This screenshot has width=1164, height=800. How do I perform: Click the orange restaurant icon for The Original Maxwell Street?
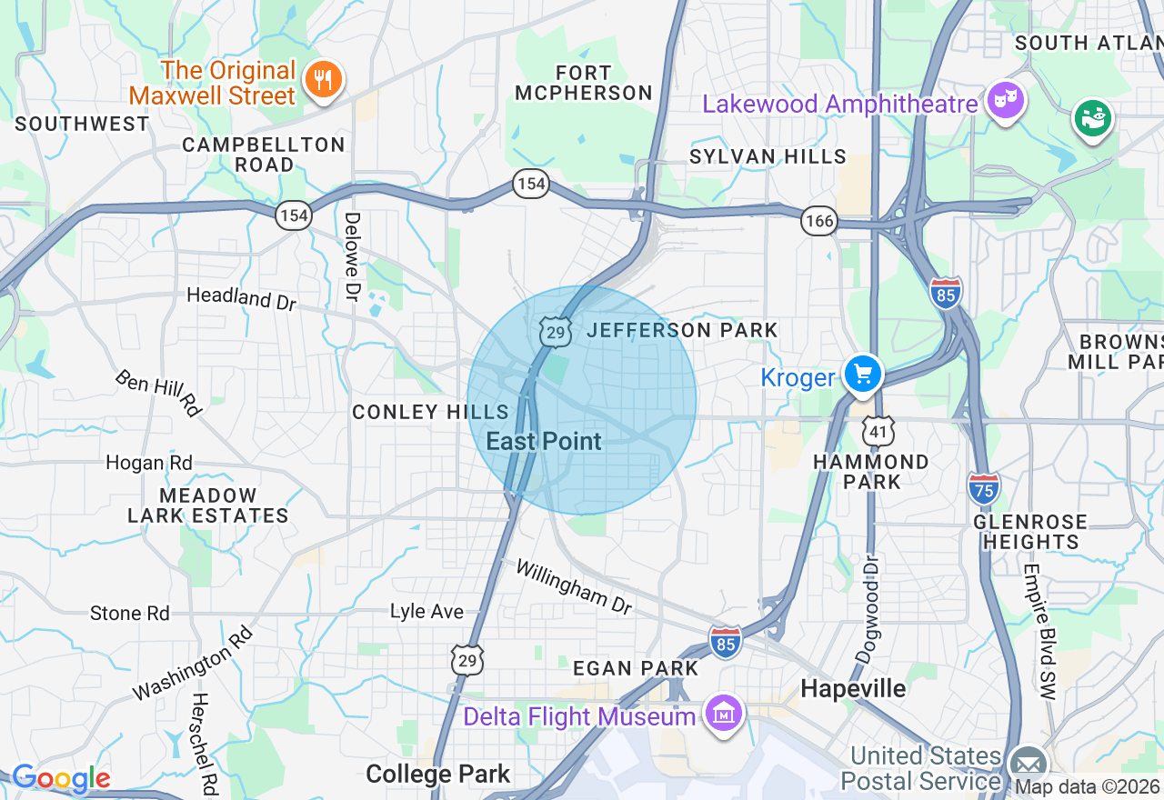(321, 79)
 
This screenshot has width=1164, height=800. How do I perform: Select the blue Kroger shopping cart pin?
(862, 374)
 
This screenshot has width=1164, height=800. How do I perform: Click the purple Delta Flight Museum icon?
(724, 715)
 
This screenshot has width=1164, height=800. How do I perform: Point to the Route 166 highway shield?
(818, 220)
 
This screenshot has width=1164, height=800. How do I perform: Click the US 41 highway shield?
(879, 431)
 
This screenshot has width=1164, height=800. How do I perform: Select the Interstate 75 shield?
(983, 488)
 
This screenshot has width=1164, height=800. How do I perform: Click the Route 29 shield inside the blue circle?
(554, 332)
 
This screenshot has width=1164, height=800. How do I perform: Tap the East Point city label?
(544, 442)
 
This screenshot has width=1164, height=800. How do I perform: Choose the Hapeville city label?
(853, 689)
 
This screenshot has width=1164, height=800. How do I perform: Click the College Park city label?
(437, 775)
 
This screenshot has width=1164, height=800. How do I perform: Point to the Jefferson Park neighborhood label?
(682, 330)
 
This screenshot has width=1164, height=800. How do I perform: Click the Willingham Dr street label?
(573, 586)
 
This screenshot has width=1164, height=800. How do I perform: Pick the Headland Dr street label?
(241, 298)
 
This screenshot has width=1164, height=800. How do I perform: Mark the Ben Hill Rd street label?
(158, 393)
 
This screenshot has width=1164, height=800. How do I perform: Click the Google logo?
(61, 778)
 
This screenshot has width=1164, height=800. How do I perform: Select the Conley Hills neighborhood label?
(430, 412)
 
